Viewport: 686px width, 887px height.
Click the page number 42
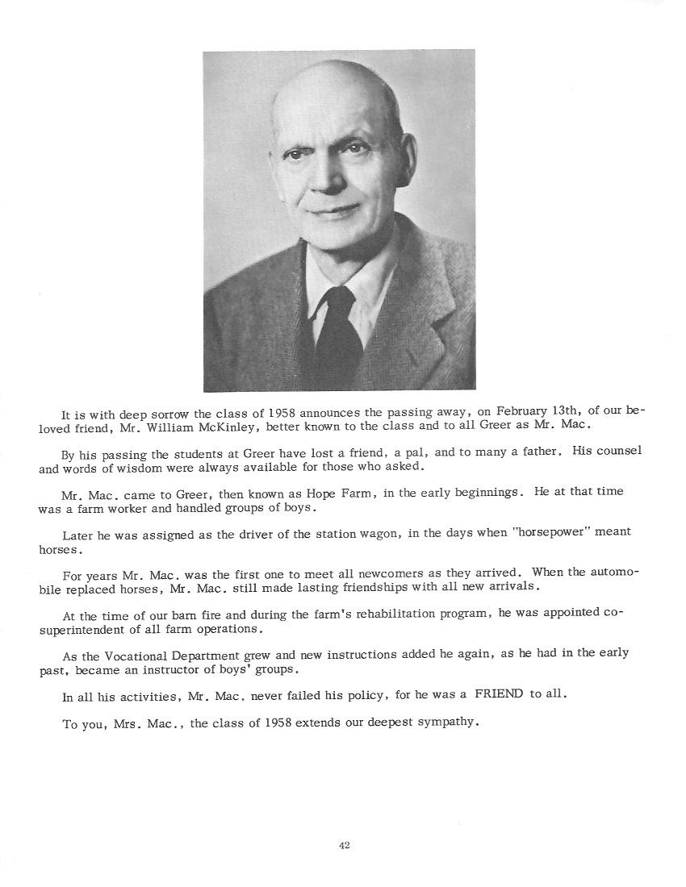[x=344, y=845]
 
